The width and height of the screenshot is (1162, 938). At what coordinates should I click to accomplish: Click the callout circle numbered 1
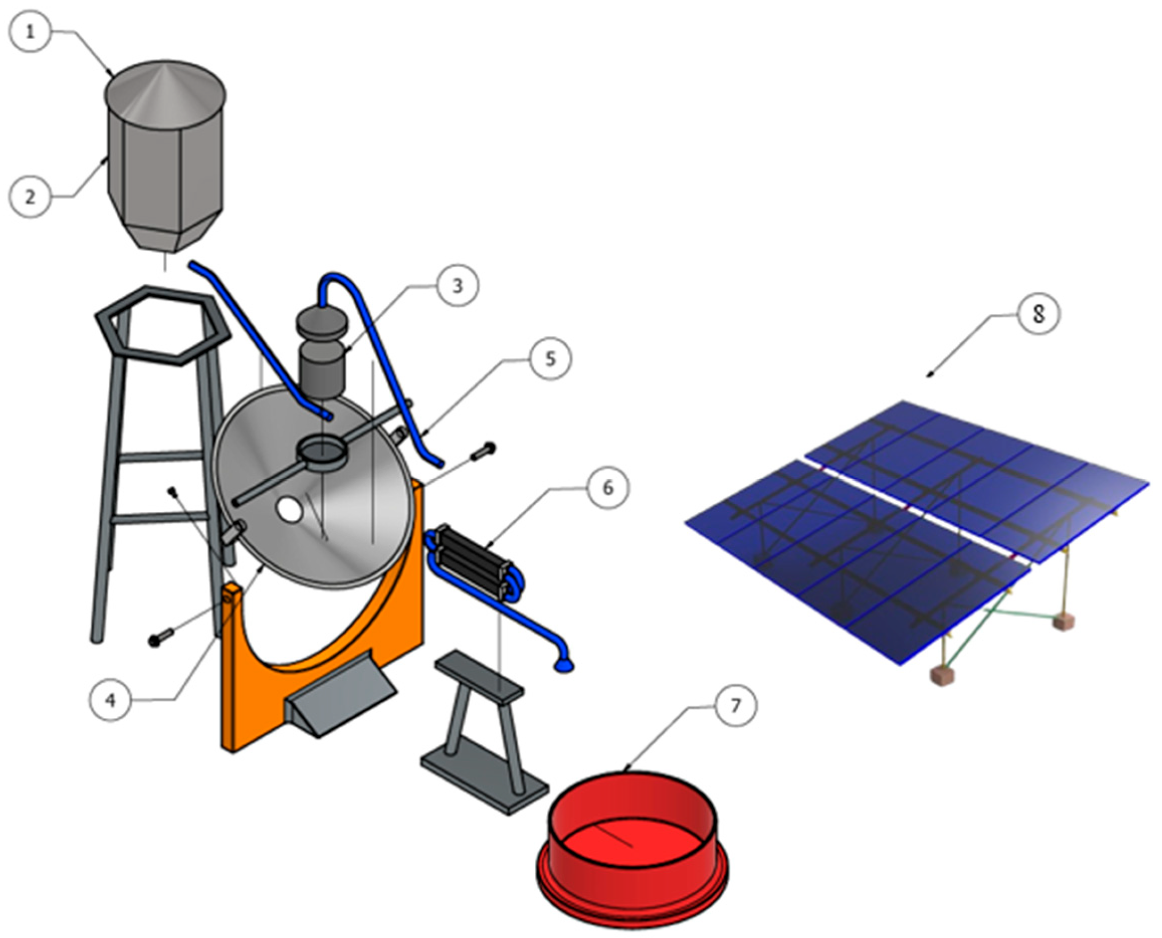pyautogui.click(x=31, y=32)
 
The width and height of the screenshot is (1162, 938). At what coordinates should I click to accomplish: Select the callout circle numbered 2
pyautogui.click(x=31, y=196)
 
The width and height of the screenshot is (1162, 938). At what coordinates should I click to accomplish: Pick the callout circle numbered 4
pyautogui.click(x=111, y=701)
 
